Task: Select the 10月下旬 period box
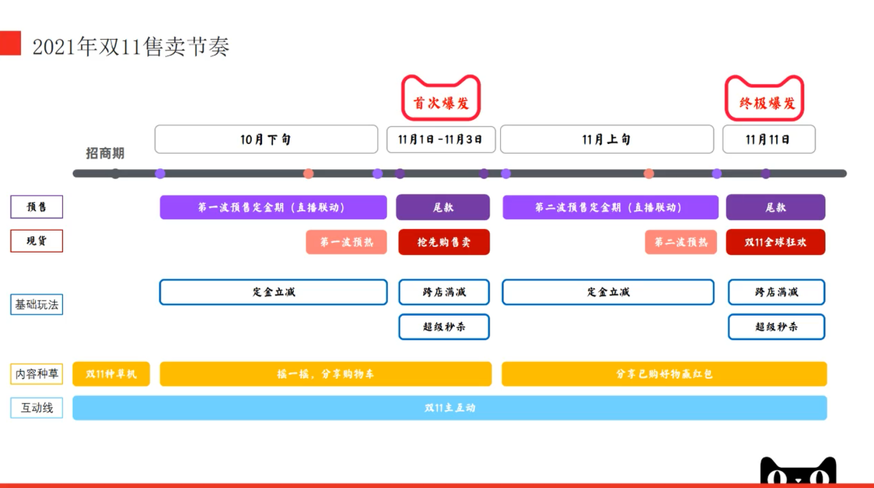pyautogui.click(x=266, y=139)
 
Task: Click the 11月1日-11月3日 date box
pyautogui.click(x=441, y=139)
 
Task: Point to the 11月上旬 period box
pyautogui.click(x=607, y=139)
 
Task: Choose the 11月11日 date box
pyautogui.click(x=769, y=139)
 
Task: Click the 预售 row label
pyautogui.click(x=36, y=207)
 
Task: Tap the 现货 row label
pyautogui.click(x=36, y=241)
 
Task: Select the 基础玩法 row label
pyautogui.click(x=36, y=304)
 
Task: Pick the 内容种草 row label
pyautogui.click(x=36, y=374)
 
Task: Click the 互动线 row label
pyautogui.click(x=36, y=408)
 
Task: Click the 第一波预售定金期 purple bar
pyautogui.click(x=274, y=207)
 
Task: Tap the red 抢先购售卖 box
pyautogui.click(x=443, y=242)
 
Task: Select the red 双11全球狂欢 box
pyautogui.click(x=775, y=242)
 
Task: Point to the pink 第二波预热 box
pyautogui.click(x=681, y=242)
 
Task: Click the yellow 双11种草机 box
pyautogui.click(x=111, y=374)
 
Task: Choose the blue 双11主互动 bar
pyautogui.click(x=450, y=408)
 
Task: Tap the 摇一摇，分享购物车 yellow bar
pyautogui.click(x=325, y=374)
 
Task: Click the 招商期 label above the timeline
pyautogui.click(x=104, y=154)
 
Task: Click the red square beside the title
pyautogui.click(x=10, y=43)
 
